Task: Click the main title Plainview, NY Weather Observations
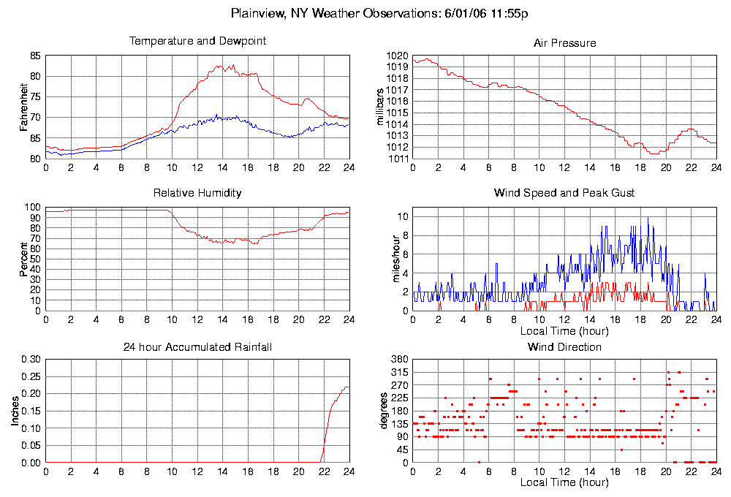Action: tap(379, 13)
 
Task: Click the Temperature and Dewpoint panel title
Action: tap(197, 41)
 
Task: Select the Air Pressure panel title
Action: tap(564, 43)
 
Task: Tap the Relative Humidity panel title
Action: tap(197, 193)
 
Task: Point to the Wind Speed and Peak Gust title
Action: tap(564, 193)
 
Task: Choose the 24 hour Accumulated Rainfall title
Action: tap(197, 346)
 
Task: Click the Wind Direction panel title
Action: tap(564, 346)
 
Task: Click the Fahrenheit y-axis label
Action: tap(25, 107)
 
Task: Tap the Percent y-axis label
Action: tap(25, 259)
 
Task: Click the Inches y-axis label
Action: tap(15, 412)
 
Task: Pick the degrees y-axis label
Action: tap(385, 412)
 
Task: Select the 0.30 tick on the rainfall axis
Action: tap(31, 360)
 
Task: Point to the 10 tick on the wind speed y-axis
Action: tap(401, 217)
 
